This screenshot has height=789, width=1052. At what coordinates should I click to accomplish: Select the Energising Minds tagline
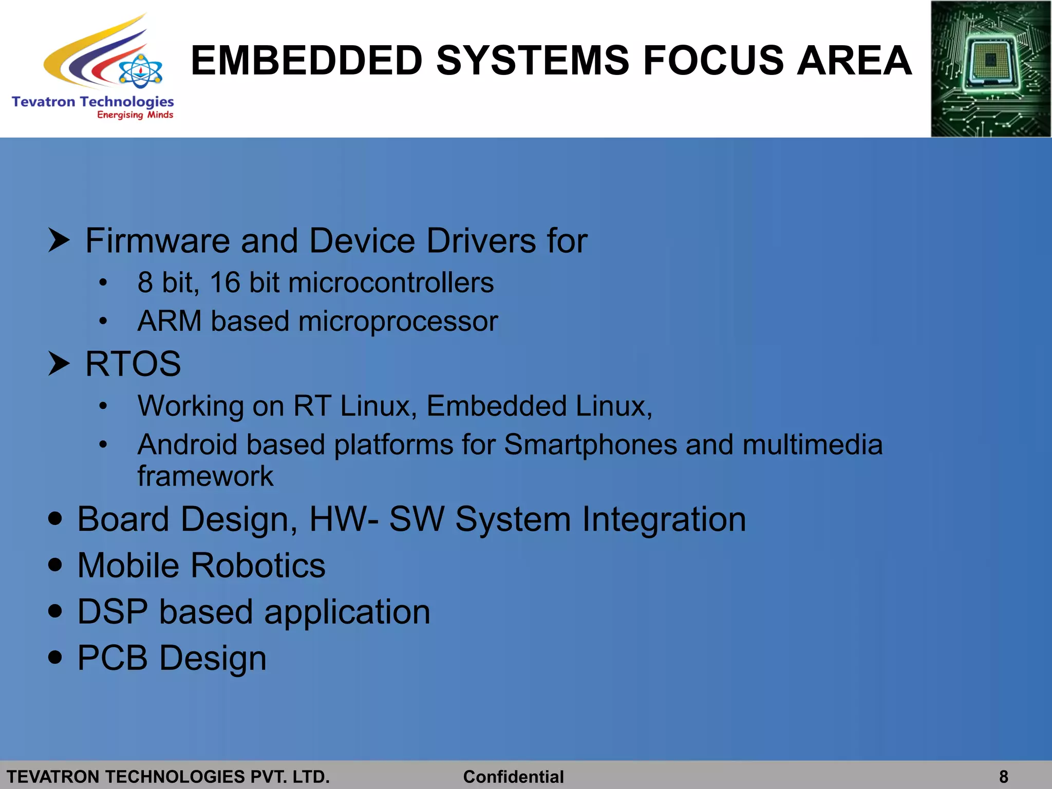[x=135, y=115]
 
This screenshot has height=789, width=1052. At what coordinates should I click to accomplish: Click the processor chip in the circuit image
[x=990, y=61]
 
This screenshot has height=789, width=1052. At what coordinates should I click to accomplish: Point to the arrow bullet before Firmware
[x=59, y=240]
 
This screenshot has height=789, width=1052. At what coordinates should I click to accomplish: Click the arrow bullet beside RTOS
[x=59, y=363]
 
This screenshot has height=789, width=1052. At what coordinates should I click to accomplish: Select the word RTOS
[x=133, y=364]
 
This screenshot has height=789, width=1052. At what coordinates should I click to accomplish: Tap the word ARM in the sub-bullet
[x=170, y=321]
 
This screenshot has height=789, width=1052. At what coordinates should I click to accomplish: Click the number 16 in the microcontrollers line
[x=225, y=283]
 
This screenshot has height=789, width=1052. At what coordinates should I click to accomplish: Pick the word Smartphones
[x=590, y=445]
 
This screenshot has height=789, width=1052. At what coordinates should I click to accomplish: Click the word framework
[x=205, y=476]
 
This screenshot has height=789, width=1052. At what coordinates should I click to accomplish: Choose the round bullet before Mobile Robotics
[x=55, y=565]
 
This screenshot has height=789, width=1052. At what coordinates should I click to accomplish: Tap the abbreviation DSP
[x=112, y=612]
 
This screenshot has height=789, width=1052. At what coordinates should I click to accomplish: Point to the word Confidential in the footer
[x=513, y=777]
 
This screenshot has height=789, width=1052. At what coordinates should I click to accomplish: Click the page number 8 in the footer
[x=1004, y=777]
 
